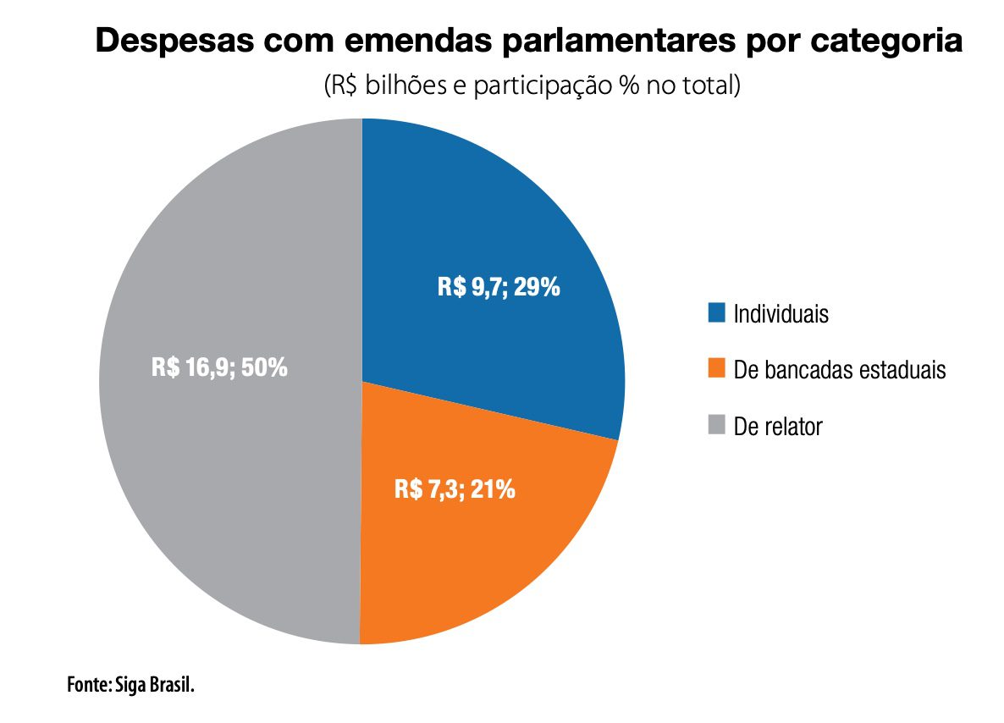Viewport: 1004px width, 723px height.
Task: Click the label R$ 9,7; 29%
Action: point(499,287)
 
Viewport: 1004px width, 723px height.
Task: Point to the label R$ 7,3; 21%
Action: point(455,489)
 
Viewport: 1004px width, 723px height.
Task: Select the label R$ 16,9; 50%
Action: point(220,368)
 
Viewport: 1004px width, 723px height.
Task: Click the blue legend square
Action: point(716,313)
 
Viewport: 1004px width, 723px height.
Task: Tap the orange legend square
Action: point(716,369)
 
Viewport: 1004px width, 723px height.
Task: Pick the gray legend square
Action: point(716,426)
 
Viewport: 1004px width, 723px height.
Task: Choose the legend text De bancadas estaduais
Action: point(839,370)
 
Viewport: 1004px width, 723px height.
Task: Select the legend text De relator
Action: point(778,427)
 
